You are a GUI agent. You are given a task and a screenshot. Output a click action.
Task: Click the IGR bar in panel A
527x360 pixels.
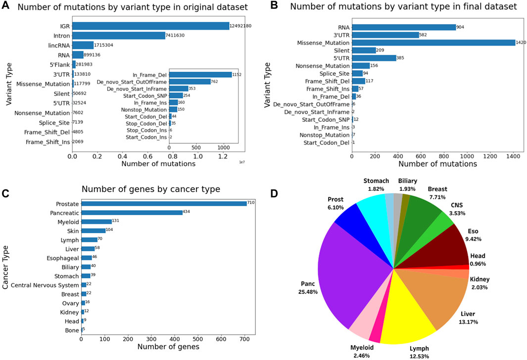click(x=150, y=26)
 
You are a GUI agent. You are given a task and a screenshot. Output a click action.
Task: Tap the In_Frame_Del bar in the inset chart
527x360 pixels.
click(x=200, y=74)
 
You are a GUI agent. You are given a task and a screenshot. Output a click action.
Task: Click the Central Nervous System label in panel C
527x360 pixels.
click(x=45, y=285)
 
